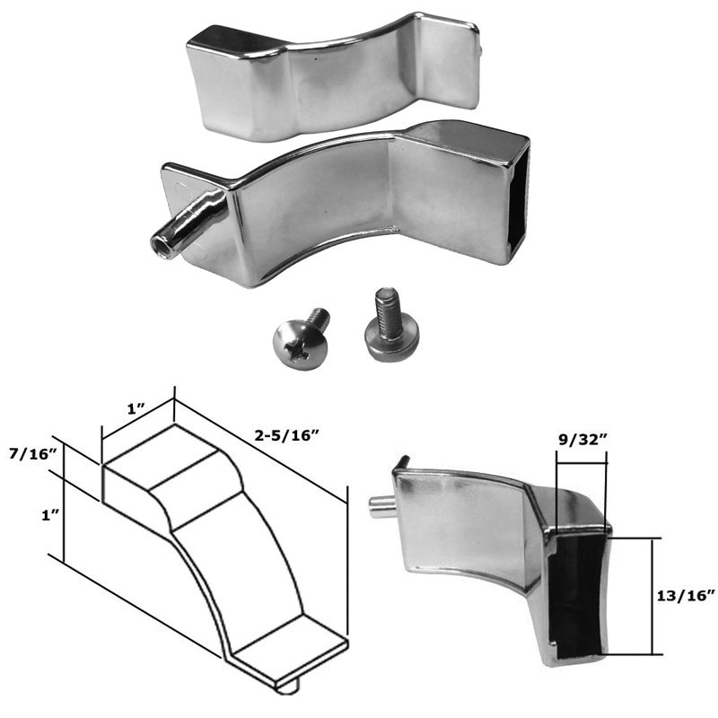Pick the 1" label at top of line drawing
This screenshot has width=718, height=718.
[136, 408]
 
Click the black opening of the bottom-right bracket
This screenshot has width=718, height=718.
[574, 597]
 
